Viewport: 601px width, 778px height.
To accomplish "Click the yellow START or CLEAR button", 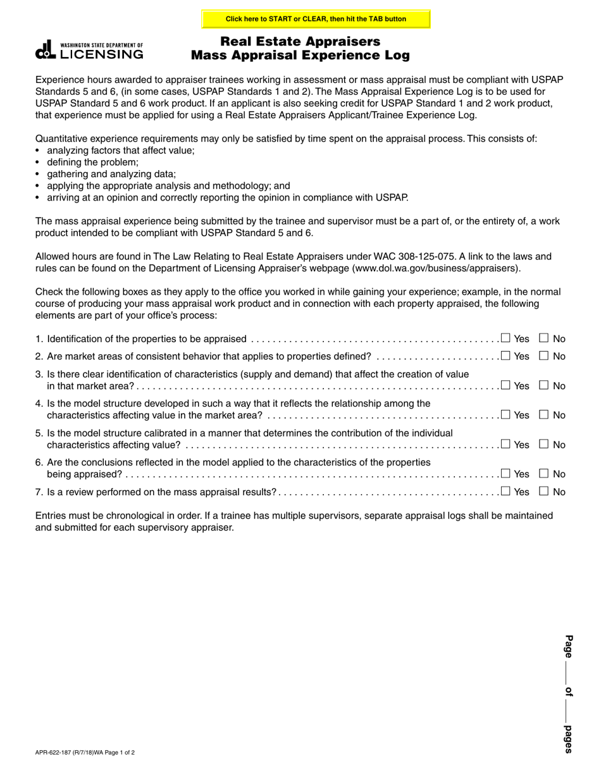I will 316,19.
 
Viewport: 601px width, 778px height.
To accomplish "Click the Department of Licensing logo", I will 89,51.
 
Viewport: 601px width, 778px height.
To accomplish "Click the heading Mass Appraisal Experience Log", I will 300,56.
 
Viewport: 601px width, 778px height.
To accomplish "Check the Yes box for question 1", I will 505,338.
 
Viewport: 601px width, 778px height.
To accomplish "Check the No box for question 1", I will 543,338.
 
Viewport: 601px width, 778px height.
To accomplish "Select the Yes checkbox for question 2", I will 505,355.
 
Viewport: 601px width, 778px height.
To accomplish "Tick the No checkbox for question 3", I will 543,385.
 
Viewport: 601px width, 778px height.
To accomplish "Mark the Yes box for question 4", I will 505,415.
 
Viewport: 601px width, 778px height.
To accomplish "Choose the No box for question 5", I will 543,444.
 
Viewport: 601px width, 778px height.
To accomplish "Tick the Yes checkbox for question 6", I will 505,474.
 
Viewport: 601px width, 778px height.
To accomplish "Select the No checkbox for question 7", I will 543,491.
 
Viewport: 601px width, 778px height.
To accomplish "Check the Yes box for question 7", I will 505,491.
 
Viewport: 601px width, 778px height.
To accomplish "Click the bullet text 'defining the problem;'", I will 92,163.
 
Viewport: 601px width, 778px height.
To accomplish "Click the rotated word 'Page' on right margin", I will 568,646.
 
